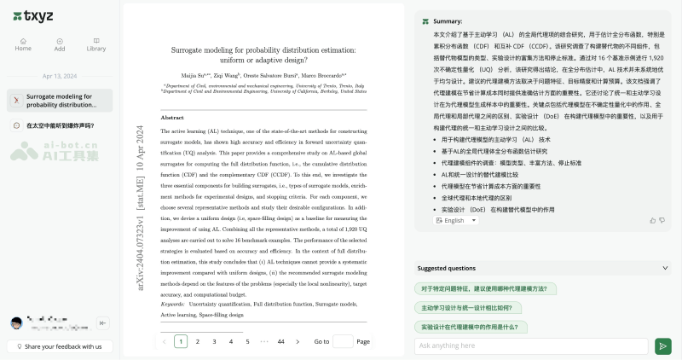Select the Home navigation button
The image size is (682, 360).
click(x=23, y=44)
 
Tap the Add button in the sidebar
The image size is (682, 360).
click(x=60, y=44)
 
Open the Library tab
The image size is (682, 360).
click(x=96, y=44)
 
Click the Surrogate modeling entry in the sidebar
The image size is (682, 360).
click(x=60, y=101)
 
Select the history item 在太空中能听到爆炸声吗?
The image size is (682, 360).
click(x=60, y=125)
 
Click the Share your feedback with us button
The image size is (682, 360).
click(x=60, y=346)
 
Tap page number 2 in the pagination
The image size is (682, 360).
click(x=198, y=341)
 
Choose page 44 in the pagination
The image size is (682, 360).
click(x=280, y=341)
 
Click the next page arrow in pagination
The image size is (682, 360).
click(x=298, y=341)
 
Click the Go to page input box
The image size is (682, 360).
click(x=343, y=341)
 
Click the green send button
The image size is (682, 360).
click(x=662, y=345)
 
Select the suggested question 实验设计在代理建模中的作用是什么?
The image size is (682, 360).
click(x=468, y=327)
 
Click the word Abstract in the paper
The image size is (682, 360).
click(x=172, y=118)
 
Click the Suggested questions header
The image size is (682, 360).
click(x=447, y=268)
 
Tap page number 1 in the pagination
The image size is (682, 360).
click(x=181, y=341)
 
